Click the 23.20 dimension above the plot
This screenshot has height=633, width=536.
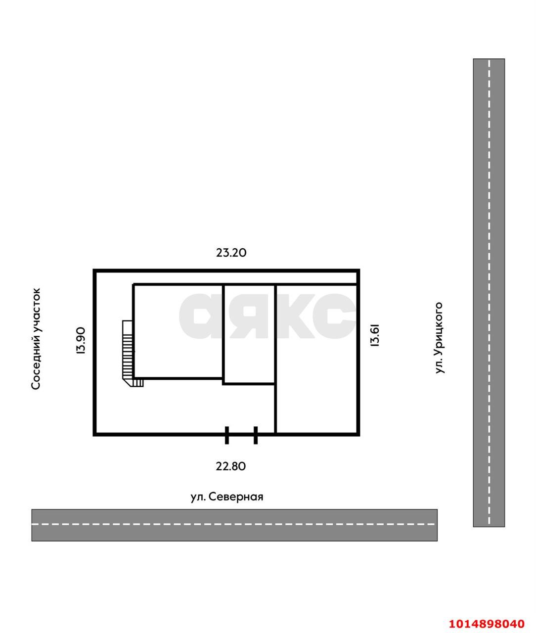(231, 253)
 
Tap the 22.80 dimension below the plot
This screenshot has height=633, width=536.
(230, 466)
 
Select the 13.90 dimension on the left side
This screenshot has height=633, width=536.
(81, 341)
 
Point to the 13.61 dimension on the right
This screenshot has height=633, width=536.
(375, 335)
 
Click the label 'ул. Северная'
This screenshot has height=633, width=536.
(226, 497)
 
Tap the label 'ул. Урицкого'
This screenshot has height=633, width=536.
(439, 338)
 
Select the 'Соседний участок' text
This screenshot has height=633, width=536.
(36, 339)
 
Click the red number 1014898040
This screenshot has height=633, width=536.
(487, 624)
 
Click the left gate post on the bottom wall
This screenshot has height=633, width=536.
(226, 435)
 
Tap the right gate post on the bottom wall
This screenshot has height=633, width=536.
(256, 435)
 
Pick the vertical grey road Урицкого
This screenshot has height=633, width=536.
(489, 292)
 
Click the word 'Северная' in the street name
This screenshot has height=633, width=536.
(236, 497)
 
